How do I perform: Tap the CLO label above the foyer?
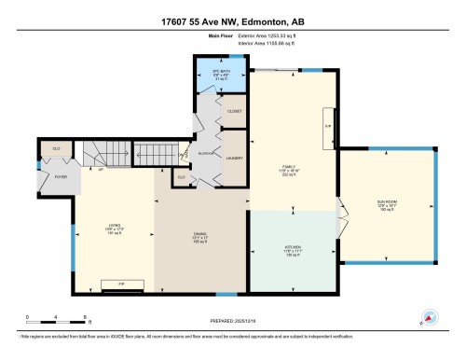pyautogui.click(x=57, y=147)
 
